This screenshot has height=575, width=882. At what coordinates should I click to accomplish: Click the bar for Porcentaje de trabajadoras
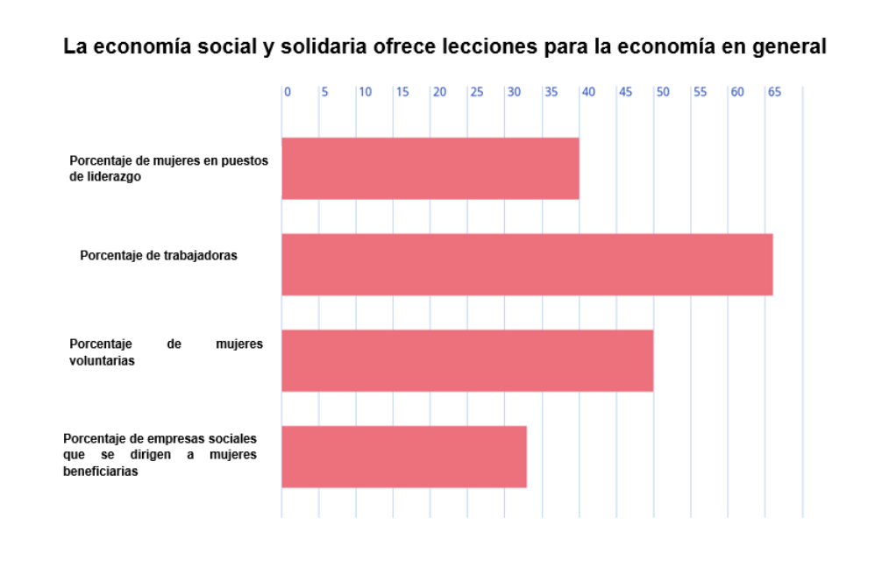tap(527, 265)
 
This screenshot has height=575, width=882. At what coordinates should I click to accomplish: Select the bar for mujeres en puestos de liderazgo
tap(430, 168)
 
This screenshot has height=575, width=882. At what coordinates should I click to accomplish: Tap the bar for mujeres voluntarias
tap(467, 360)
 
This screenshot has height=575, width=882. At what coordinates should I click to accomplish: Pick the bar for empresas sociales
tap(404, 457)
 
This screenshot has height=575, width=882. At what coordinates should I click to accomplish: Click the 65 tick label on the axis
tap(774, 92)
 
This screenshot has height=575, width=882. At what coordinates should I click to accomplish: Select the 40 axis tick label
tap(588, 92)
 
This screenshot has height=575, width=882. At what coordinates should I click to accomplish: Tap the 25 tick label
tap(477, 92)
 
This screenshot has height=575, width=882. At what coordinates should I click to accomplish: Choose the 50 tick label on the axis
tap(663, 92)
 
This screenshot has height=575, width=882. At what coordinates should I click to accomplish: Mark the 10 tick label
tap(365, 92)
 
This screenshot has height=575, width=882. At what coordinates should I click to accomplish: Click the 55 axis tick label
tap(700, 92)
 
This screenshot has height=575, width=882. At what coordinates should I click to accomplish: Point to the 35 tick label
tap(551, 92)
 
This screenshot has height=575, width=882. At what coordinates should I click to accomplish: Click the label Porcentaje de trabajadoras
tap(159, 256)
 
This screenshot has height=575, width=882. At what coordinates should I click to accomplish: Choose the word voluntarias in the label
tap(102, 360)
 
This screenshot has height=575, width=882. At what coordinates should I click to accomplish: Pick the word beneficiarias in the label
tap(102, 471)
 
